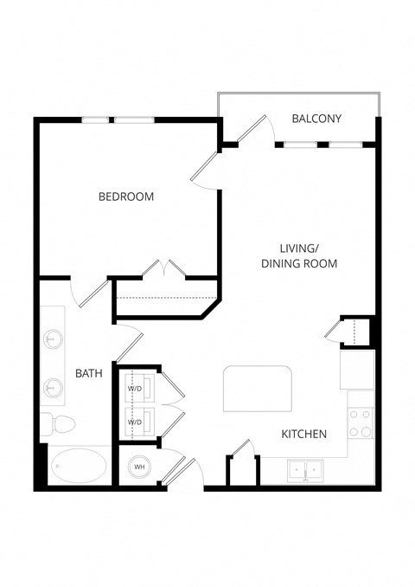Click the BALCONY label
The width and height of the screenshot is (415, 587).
[316, 119]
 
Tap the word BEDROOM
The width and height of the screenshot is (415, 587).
[126, 197]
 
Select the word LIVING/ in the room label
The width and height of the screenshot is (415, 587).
[299, 246]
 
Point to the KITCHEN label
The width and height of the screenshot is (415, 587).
[303, 434]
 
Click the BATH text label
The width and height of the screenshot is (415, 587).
[89, 374]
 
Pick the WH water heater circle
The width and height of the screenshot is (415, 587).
[138, 468]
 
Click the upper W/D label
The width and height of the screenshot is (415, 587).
[135, 389]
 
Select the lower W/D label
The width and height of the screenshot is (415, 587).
[135, 422]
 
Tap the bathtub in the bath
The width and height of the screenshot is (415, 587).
[80, 468]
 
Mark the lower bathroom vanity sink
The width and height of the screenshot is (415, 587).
[54, 388]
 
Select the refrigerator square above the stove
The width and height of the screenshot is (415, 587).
[357, 370]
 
